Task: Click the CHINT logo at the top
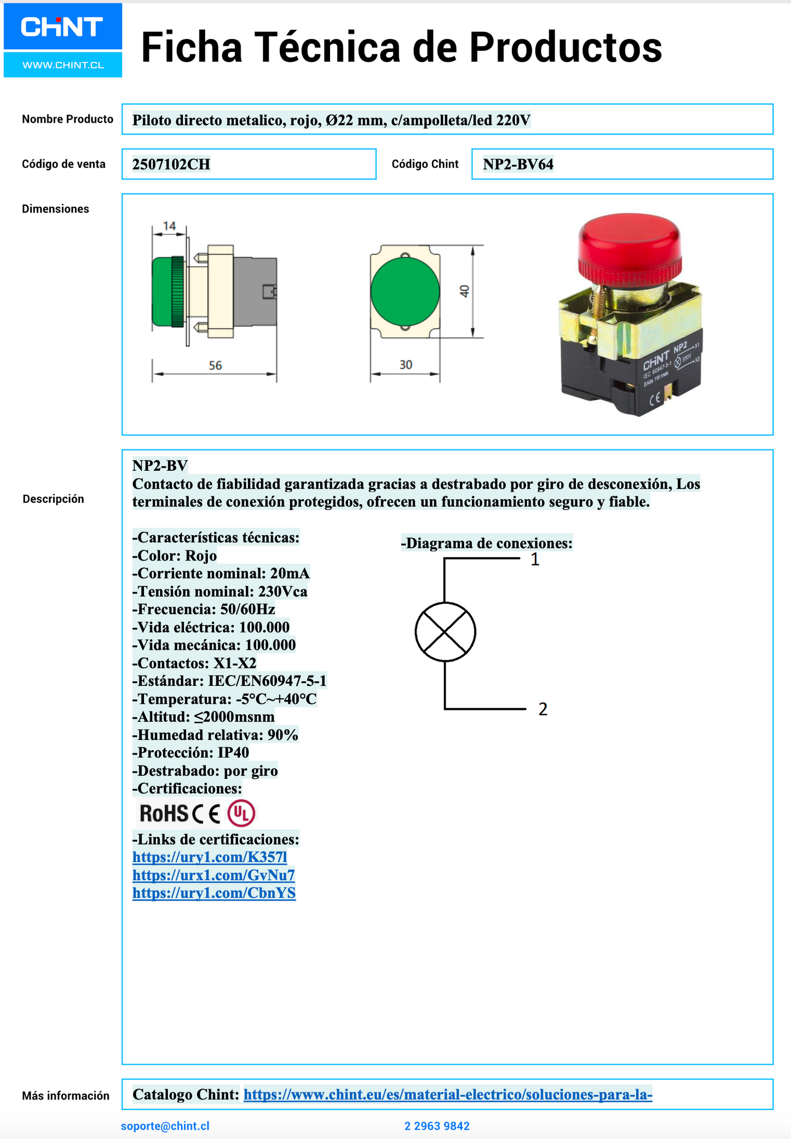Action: [62, 26]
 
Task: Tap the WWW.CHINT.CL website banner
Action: [63, 65]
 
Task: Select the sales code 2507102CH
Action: [171, 164]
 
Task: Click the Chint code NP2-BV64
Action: [518, 164]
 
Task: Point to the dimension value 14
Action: [170, 226]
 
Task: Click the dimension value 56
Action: [215, 366]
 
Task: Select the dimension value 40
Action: [465, 291]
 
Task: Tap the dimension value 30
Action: [406, 365]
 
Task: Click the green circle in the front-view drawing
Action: [405, 291]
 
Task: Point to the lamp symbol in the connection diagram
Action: [445, 632]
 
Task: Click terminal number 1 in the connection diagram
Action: [535, 559]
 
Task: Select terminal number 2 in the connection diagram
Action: [542, 709]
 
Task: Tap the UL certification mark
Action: [241, 813]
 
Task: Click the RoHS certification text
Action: [164, 814]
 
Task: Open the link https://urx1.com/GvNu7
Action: [213, 875]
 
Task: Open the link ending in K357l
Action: [210, 857]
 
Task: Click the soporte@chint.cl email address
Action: [165, 1126]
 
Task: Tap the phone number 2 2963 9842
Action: [437, 1126]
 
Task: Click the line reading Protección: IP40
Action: [191, 753]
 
